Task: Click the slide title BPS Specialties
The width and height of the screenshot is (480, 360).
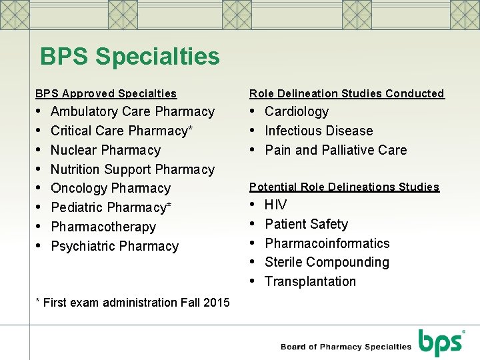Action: [x=129, y=57]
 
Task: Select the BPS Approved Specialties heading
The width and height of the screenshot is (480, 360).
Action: [x=106, y=94]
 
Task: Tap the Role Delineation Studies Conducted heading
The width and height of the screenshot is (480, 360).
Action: [x=347, y=94]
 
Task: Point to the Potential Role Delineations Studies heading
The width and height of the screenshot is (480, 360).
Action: [x=344, y=187]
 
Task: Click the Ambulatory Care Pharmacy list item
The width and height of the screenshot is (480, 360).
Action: [x=133, y=111]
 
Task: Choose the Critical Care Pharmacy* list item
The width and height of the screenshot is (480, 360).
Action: [x=122, y=131]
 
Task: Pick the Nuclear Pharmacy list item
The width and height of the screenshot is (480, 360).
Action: [x=105, y=150]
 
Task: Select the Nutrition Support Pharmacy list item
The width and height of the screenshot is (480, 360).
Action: [x=133, y=169]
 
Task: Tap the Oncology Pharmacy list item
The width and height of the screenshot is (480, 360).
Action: [x=111, y=188]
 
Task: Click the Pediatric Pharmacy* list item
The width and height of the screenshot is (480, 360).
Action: [x=111, y=207]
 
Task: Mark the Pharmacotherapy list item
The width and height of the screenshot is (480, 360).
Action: [x=103, y=227]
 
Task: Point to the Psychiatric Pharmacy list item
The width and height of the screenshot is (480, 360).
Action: [x=115, y=246]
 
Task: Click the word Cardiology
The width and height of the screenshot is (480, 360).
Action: [x=297, y=111]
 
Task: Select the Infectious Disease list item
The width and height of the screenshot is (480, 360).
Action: [x=319, y=131]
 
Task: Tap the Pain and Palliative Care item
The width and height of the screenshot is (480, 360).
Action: [x=335, y=150]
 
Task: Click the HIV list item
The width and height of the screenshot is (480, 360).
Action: [x=275, y=205]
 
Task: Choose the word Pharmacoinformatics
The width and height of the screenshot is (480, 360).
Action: [x=327, y=243]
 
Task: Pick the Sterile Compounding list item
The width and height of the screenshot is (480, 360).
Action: [x=327, y=262]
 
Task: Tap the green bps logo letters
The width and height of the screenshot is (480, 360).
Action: [x=440, y=343]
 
